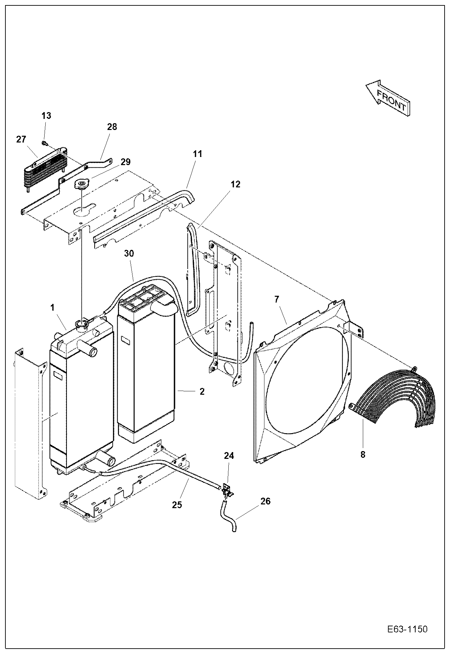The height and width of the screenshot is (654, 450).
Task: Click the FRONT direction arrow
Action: (x=389, y=98)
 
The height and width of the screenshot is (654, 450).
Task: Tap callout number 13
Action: (x=46, y=115)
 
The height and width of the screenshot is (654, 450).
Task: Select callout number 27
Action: (x=21, y=139)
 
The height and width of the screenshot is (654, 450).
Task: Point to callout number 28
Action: (x=112, y=127)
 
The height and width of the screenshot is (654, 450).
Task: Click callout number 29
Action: (x=125, y=162)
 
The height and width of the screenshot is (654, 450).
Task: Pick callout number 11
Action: (x=197, y=154)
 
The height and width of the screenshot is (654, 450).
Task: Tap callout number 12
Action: (x=235, y=184)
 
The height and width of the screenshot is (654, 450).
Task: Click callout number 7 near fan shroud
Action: (x=277, y=299)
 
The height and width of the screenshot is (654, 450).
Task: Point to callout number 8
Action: (x=362, y=454)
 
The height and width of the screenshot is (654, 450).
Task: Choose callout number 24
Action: (x=229, y=456)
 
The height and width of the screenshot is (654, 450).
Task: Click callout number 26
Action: (x=266, y=501)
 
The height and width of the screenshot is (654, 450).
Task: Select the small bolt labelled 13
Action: (x=44, y=143)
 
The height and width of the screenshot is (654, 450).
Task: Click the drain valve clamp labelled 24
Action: (x=227, y=491)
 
